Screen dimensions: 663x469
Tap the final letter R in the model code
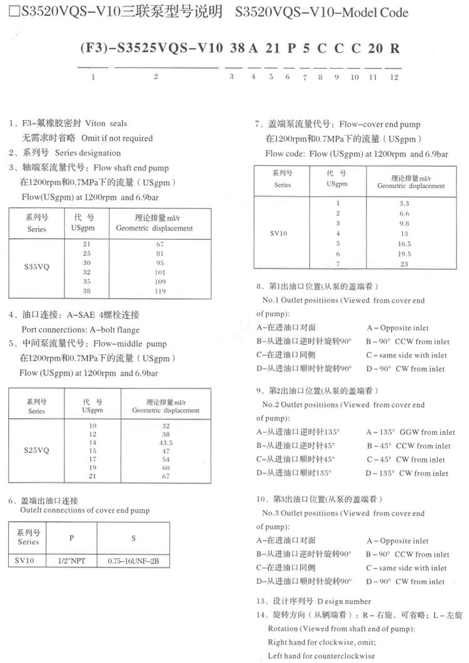395,47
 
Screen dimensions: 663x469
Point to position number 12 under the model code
393,77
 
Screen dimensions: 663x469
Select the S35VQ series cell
37,266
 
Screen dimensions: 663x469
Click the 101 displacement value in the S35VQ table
161,272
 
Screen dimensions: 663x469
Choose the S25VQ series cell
37,450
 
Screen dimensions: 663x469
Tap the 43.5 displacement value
166,442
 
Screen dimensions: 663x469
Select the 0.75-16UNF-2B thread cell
134,561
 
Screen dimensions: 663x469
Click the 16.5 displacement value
405,244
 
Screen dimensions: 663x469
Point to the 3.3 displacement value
405,203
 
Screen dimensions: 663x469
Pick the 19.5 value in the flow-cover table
405,254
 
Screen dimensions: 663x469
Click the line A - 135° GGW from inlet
411,432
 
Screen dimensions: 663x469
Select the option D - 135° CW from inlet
407,473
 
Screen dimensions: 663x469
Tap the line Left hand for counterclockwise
321,656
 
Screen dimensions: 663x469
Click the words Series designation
88,152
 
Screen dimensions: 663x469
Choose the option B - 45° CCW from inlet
408,446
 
